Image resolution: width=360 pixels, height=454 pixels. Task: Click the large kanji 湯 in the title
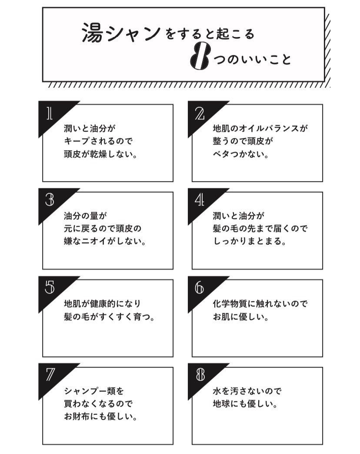click(93, 33)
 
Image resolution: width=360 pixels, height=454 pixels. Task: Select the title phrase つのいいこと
click(252, 60)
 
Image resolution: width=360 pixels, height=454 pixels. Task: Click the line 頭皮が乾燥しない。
click(100, 154)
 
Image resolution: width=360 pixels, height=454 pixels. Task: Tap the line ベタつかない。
click(241, 154)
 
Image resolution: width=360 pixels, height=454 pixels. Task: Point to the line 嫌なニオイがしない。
click(105, 241)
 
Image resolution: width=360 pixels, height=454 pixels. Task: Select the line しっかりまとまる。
click(250, 241)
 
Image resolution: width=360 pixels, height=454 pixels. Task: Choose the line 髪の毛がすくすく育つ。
click(109, 317)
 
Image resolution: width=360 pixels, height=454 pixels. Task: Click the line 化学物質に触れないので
click(260, 304)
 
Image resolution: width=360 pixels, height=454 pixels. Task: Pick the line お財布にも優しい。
click(100, 417)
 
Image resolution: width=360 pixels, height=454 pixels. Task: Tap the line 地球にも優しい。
click(245, 404)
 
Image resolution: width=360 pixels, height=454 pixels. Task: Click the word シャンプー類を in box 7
click(94, 391)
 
